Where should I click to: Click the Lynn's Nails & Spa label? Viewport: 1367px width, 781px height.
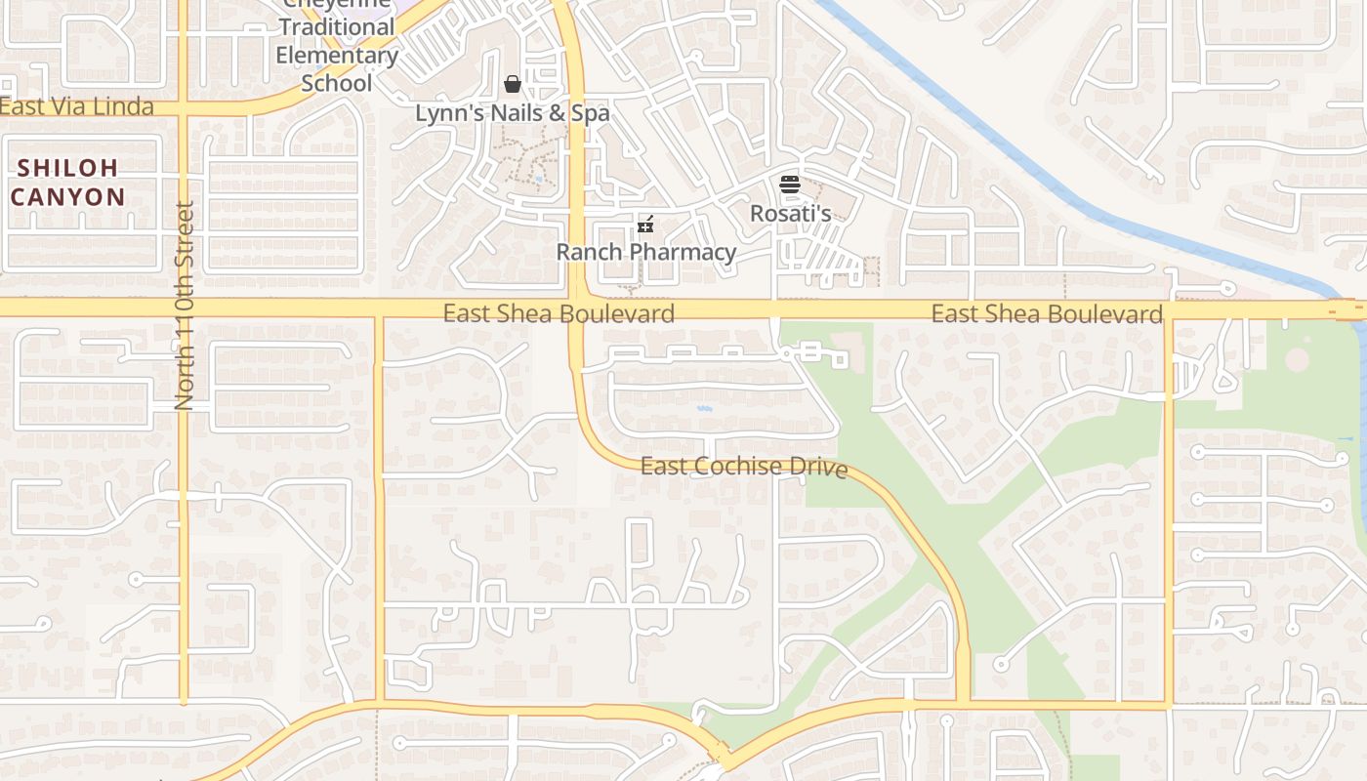[512, 113]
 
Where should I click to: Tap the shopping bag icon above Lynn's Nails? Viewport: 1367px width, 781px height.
[512, 85]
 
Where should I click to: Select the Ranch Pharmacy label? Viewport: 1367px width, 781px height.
[645, 252]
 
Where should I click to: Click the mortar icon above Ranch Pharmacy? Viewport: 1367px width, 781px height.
[644, 225]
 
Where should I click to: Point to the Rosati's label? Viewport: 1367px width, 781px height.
[790, 213]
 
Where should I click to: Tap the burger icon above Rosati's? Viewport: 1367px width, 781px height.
[790, 184]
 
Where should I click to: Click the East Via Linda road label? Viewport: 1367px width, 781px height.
[77, 106]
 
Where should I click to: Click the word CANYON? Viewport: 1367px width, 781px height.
[68, 197]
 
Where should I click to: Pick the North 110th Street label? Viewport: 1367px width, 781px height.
[185, 306]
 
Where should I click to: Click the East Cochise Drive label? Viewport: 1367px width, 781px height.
[743, 467]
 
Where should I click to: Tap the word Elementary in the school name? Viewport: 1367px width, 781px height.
[337, 55]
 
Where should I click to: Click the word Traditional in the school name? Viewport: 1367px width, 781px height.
[337, 27]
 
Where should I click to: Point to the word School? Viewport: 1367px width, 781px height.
[337, 83]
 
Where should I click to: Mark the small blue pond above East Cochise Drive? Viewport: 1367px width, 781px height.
[704, 407]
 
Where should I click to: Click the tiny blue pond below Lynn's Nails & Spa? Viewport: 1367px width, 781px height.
[538, 180]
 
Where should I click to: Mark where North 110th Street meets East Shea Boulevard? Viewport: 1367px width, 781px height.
[184, 308]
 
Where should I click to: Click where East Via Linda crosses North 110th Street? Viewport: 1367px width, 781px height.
[184, 107]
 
